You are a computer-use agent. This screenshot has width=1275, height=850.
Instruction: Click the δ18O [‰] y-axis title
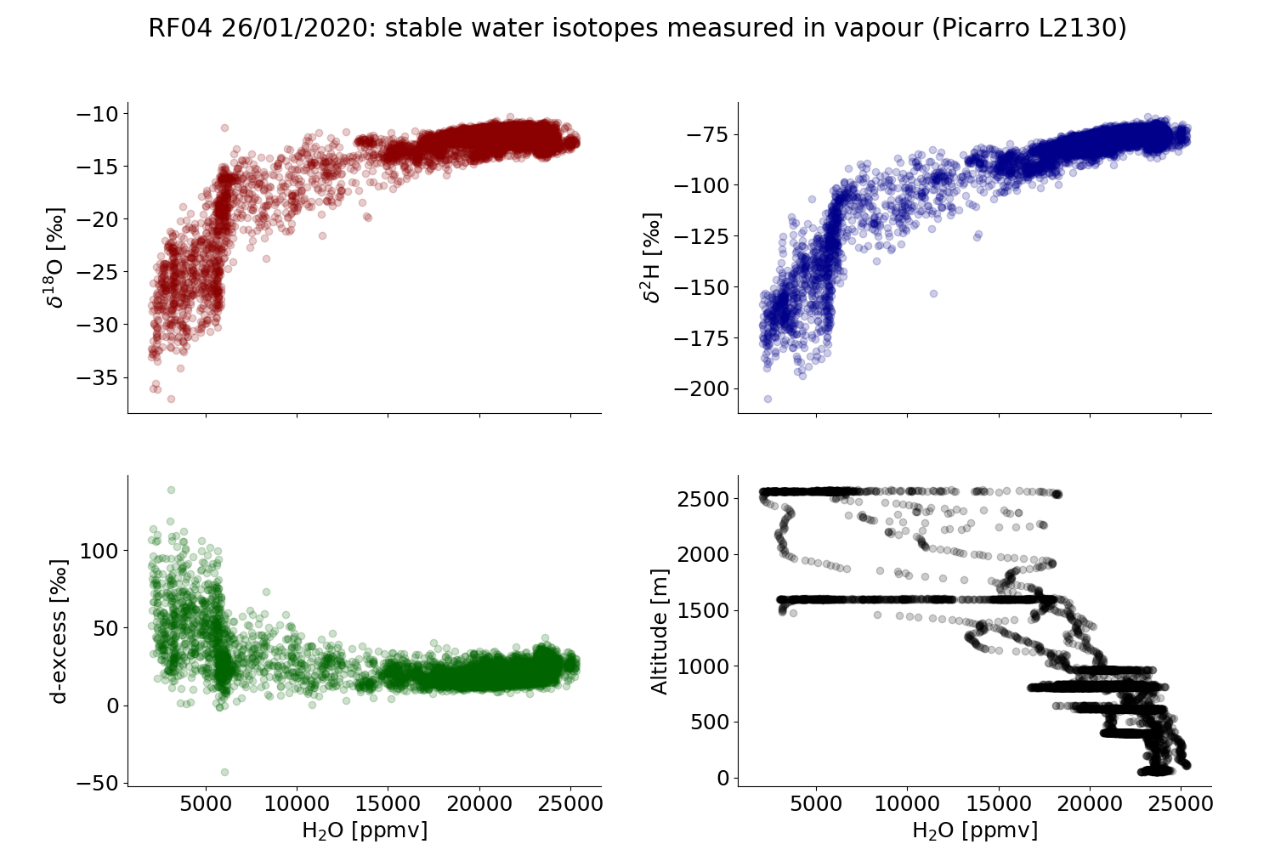(x=56, y=257)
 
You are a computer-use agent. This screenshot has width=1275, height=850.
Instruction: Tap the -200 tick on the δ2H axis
(x=702, y=389)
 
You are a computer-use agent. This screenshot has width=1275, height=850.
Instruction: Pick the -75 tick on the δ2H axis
(x=707, y=134)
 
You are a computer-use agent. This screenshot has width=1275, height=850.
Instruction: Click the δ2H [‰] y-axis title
(x=652, y=257)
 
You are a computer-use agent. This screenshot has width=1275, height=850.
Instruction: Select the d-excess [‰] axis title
(x=58, y=631)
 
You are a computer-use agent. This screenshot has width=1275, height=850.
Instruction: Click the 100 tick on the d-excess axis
(x=99, y=551)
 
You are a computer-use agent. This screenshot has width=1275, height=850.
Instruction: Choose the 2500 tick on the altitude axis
(x=702, y=499)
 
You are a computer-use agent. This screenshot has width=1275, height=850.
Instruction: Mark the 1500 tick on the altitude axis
(x=702, y=610)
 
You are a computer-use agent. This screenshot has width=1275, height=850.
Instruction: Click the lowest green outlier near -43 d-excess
(x=224, y=772)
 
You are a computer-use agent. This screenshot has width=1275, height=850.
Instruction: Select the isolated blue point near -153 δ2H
(x=933, y=293)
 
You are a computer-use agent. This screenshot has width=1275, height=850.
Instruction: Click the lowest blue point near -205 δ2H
(x=768, y=399)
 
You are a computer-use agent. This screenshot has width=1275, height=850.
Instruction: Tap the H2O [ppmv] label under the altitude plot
(x=974, y=830)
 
